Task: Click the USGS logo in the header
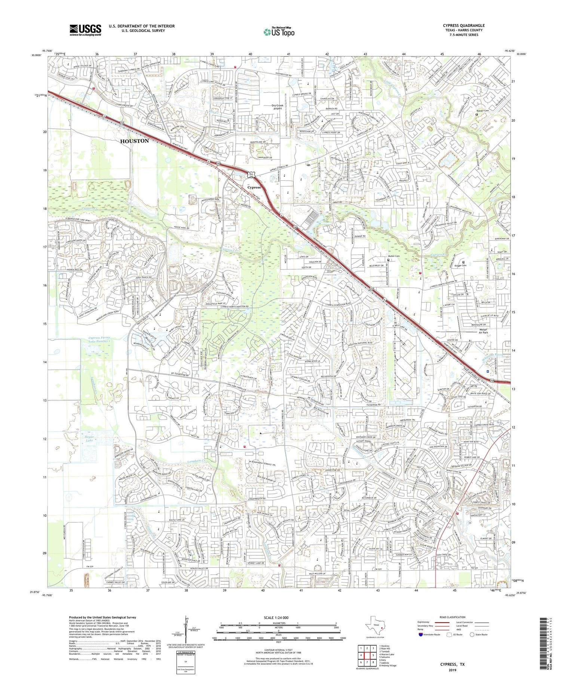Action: [x=85, y=30]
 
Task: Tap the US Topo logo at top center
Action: [x=279, y=31]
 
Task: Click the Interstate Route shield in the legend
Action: [x=421, y=635]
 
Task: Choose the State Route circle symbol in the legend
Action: [x=472, y=635]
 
